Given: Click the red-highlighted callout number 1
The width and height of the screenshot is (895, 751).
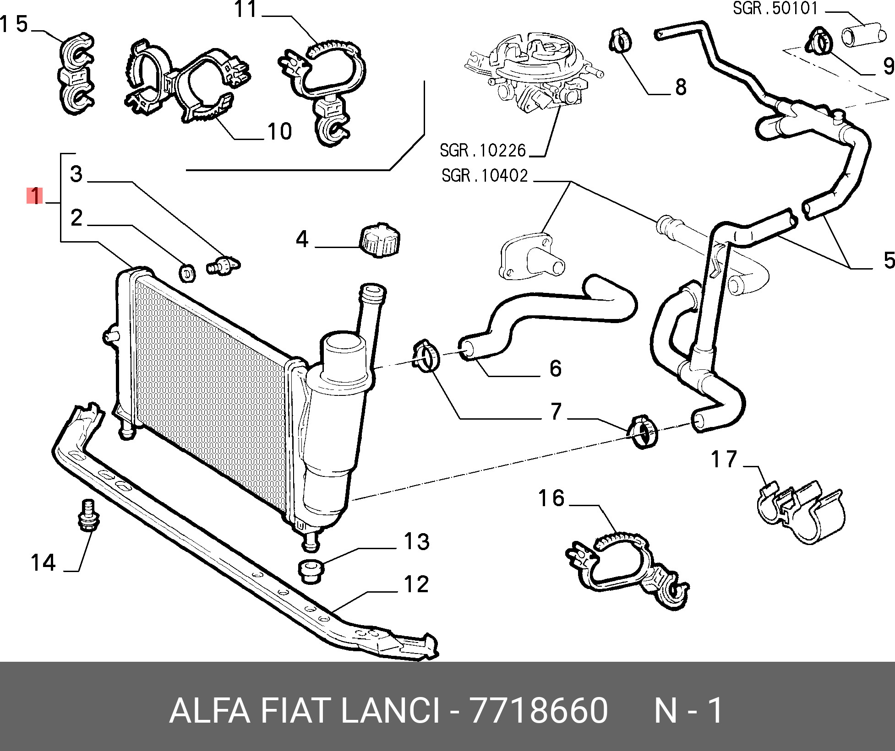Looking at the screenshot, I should (x=35, y=196).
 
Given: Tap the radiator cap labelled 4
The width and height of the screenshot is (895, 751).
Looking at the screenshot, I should (x=380, y=240).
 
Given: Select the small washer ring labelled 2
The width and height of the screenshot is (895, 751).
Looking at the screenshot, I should (x=187, y=273).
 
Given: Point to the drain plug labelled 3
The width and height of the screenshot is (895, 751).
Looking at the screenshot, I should (x=224, y=265).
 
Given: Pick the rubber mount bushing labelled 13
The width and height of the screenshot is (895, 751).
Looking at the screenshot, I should (x=311, y=571).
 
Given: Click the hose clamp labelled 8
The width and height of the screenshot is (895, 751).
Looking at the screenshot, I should (x=621, y=40).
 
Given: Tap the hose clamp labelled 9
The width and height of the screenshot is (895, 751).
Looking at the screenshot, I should (x=818, y=41).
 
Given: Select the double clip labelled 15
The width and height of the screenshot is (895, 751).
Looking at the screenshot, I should (x=76, y=73).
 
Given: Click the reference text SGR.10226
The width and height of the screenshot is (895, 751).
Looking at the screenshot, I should (x=483, y=151).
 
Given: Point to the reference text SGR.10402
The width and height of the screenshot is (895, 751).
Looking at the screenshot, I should (x=485, y=176).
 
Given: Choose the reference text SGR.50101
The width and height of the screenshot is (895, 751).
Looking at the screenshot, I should (x=775, y=8).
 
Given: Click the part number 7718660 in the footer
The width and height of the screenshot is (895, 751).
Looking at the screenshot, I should (x=539, y=710).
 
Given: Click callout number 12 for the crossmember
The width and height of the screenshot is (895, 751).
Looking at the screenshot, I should (x=416, y=584).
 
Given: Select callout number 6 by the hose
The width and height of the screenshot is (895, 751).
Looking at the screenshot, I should (x=555, y=368).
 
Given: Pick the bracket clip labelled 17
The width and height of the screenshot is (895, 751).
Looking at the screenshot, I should (x=800, y=513).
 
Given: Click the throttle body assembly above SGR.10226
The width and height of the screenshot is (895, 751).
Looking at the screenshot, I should (x=534, y=73).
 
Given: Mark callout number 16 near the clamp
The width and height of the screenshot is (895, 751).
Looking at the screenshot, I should (x=551, y=498).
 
